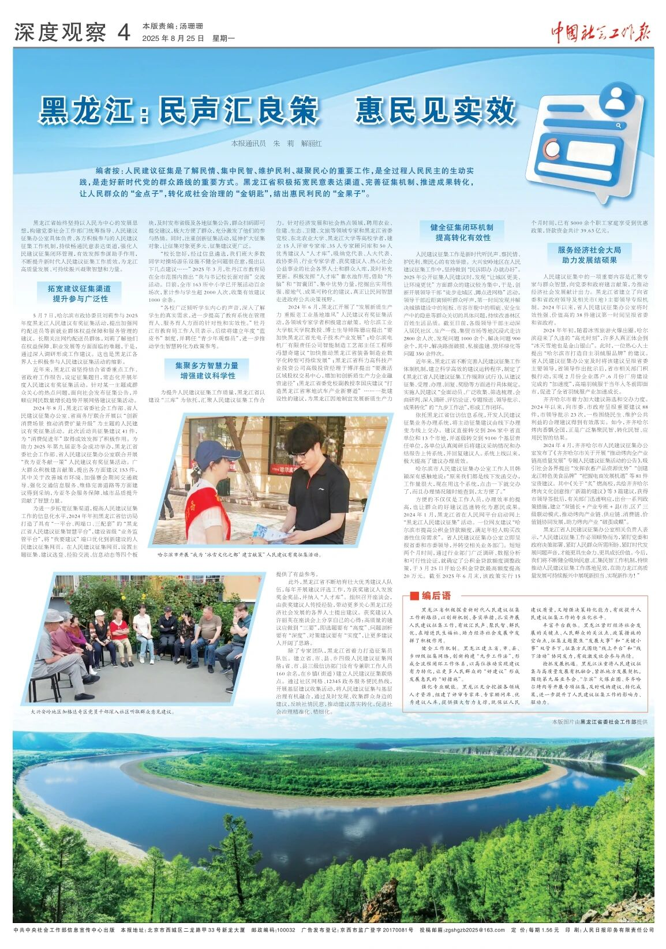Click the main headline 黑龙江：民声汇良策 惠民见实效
277,110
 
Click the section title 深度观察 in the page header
60,33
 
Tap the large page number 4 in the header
123,33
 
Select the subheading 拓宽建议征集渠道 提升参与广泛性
80,293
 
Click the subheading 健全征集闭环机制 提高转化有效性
463,232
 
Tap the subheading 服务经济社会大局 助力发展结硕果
589,255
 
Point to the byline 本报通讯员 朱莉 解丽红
276,143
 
